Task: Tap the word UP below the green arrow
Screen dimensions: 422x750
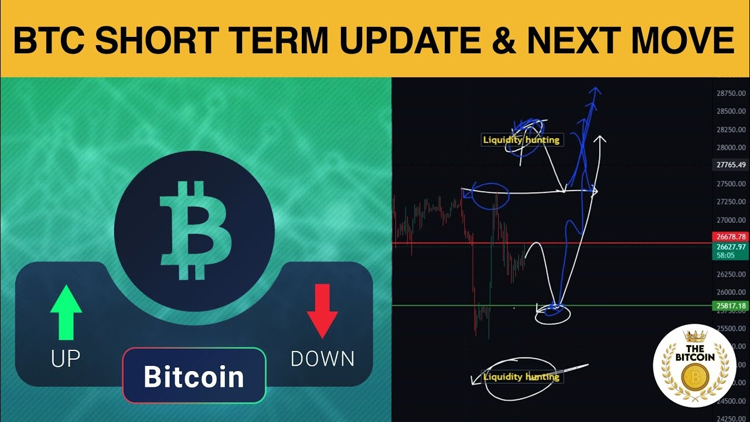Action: (x=66, y=359)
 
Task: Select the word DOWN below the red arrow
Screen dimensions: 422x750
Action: (x=322, y=359)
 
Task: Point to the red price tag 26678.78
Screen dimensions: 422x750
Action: (x=731, y=237)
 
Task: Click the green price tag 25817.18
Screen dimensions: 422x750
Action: (x=731, y=306)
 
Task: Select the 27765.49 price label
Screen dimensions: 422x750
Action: (x=731, y=165)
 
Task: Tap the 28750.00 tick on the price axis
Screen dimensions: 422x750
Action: (x=731, y=93)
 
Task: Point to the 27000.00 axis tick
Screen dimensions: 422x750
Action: (x=731, y=220)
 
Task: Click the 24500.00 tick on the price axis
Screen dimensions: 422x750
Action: (x=731, y=401)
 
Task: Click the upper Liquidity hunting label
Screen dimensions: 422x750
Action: (x=521, y=140)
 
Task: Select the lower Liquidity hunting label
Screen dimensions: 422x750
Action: (x=521, y=377)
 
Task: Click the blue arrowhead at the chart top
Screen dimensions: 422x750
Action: (x=595, y=91)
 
